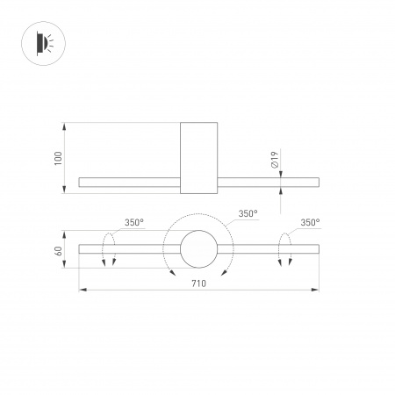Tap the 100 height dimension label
coord(59,158)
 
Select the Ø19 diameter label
coord(275,160)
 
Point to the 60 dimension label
coord(59,251)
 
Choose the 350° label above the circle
coord(248,214)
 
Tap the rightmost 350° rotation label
coord(310,223)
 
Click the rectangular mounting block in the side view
coord(197,158)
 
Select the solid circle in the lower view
coord(197,249)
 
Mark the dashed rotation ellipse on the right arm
coord(285,249)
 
